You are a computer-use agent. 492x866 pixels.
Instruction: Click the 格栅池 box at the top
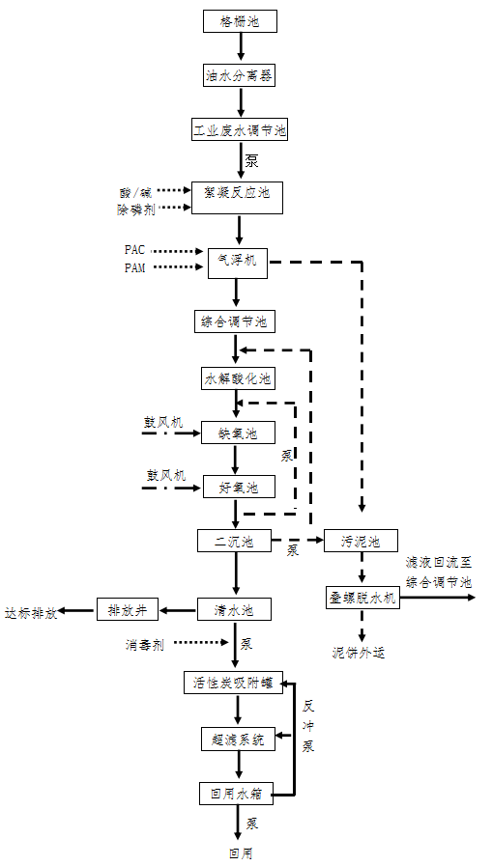tap(240, 20)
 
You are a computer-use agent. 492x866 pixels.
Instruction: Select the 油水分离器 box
tap(239, 73)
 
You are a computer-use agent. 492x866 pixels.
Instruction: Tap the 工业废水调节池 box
tap(239, 128)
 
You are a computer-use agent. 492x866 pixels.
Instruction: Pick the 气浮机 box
tap(238, 263)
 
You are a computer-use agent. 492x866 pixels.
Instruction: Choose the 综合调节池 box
tap(235, 321)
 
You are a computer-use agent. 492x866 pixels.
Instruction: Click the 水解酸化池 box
tap(238, 378)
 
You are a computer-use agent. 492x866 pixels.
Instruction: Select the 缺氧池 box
tap(238, 433)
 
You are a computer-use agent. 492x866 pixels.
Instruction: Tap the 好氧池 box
tap(238, 488)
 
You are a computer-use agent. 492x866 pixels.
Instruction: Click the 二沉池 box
tap(234, 542)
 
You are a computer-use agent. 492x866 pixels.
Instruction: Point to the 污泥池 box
tap(361, 542)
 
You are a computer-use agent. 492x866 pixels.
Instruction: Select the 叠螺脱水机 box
tap(362, 598)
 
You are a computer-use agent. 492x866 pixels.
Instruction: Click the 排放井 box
tap(128, 610)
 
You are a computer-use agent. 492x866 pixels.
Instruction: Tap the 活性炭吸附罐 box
tap(236, 684)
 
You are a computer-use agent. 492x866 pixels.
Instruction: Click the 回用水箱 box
tap(236, 795)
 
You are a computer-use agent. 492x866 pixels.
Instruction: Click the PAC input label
tap(134, 250)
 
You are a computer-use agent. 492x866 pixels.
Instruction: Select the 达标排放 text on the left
tap(30, 612)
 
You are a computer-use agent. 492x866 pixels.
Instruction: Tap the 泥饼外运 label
tap(359, 653)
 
